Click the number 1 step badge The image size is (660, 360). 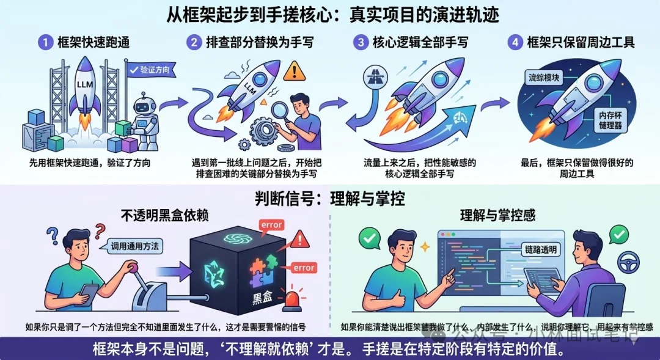tap(45, 43)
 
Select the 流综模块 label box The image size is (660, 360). tap(546, 77)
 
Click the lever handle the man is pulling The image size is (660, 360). tap(130, 267)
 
